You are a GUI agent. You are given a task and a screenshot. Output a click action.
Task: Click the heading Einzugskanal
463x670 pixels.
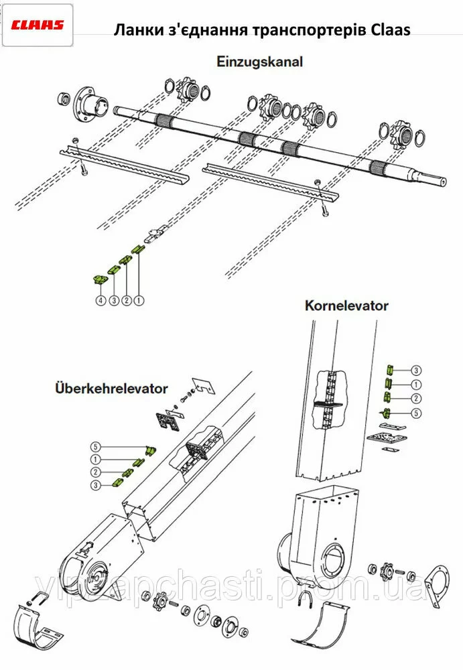click(x=260, y=62)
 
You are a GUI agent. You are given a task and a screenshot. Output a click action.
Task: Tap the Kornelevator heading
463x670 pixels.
click(x=346, y=306)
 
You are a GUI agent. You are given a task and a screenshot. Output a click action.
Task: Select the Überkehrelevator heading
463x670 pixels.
click(x=112, y=389)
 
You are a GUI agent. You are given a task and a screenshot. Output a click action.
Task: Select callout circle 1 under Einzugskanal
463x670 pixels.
click(x=139, y=301)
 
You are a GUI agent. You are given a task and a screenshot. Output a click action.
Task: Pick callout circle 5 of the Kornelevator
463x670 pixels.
click(x=416, y=413)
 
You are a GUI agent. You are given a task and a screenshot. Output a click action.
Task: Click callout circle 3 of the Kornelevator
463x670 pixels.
click(x=416, y=370)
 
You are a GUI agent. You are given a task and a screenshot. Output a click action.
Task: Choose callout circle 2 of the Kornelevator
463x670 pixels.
click(x=416, y=399)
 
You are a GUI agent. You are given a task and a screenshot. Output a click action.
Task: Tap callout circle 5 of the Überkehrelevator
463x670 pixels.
click(x=96, y=447)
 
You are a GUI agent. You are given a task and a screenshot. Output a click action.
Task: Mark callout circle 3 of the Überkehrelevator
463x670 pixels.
click(x=96, y=484)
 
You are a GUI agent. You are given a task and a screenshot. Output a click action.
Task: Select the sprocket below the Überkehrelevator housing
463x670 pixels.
click(x=161, y=599)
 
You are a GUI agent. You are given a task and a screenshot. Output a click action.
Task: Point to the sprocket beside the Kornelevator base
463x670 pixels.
click(x=386, y=573)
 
